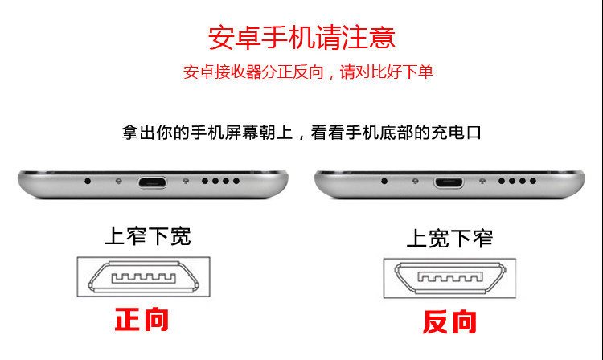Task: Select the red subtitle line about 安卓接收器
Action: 308,72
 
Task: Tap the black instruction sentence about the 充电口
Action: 301,132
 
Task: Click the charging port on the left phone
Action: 150,181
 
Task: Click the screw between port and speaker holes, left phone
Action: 185,181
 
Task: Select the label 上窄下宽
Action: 147,236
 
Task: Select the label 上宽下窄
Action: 449,238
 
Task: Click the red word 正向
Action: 142,319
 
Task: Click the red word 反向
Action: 449,322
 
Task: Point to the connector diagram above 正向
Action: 143,279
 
